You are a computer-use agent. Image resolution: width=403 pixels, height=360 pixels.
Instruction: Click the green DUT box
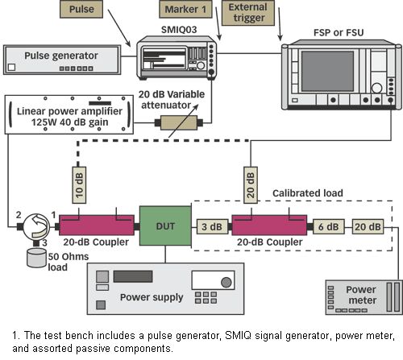tap(165, 226)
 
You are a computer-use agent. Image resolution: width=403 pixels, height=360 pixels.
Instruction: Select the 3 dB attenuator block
tap(212, 227)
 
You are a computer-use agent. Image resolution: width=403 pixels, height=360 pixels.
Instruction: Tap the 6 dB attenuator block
tap(329, 227)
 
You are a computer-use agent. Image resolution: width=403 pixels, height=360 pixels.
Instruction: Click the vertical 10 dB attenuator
tap(79, 185)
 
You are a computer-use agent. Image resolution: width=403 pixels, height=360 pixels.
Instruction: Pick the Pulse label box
tap(81, 9)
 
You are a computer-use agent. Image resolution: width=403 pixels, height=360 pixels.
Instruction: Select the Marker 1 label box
tap(185, 9)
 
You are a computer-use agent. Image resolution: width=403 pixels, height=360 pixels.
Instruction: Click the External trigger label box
tap(248, 13)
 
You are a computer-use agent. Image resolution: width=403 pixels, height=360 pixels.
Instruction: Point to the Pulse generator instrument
tap(62, 60)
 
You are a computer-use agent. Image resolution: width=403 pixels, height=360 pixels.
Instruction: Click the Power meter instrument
tap(364, 297)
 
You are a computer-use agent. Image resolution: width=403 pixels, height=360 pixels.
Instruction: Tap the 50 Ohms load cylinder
tap(36, 258)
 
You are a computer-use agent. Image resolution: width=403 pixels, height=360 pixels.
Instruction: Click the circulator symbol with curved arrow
tap(36, 226)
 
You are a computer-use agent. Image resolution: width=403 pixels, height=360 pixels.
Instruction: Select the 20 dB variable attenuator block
tap(179, 122)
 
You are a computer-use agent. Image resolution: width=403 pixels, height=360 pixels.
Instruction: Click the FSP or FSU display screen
tap(327, 71)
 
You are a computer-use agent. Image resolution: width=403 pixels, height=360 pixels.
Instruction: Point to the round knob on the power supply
tap(226, 282)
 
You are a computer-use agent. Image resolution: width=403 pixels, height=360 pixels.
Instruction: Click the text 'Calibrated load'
tap(308, 193)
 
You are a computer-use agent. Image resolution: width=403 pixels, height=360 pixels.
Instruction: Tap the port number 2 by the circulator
tap(19, 215)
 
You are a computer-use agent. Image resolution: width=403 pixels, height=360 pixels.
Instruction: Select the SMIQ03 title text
tap(179, 29)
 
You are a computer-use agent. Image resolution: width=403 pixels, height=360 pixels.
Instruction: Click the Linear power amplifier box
tap(69, 114)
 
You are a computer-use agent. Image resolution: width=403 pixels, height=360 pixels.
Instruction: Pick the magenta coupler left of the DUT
tap(97, 225)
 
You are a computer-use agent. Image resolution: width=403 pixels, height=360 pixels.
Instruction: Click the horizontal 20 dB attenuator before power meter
tap(368, 227)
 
